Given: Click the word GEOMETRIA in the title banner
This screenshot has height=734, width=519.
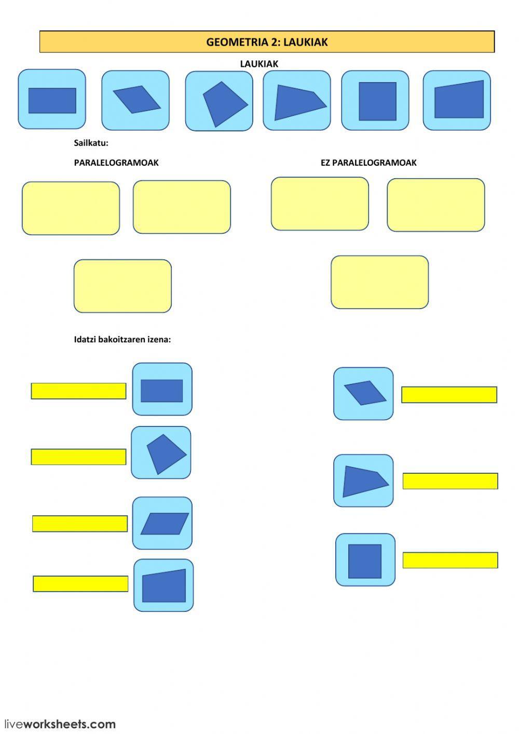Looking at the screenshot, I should (x=237, y=42).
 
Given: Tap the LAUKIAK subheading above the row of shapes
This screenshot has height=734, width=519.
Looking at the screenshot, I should (x=259, y=64).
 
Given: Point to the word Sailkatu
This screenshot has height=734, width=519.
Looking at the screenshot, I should (x=91, y=143).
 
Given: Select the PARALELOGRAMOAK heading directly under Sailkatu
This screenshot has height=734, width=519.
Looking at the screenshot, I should (x=116, y=163).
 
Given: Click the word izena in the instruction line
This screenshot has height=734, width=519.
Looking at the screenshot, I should (x=159, y=340).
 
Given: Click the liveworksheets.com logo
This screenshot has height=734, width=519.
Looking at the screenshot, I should (x=60, y=724).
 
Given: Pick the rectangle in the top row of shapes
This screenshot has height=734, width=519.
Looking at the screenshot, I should (x=52, y=100).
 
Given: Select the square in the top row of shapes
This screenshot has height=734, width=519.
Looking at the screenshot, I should (x=377, y=101).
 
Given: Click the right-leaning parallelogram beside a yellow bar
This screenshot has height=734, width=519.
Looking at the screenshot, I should (x=164, y=524).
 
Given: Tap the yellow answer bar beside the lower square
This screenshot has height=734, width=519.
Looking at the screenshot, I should (x=450, y=560).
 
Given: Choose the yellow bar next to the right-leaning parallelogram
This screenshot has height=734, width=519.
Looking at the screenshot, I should (x=80, y=524).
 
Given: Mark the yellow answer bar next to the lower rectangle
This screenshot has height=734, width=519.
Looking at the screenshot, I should (x=78, y=391).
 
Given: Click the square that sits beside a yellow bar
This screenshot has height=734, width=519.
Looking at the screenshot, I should (x=365, y=561).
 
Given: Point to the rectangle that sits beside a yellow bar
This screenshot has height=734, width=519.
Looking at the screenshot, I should (x=162, y=391).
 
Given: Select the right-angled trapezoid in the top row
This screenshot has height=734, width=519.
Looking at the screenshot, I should (x=459, y=100).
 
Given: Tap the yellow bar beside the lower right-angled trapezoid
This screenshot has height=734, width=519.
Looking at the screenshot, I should (x=80, y=584).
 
